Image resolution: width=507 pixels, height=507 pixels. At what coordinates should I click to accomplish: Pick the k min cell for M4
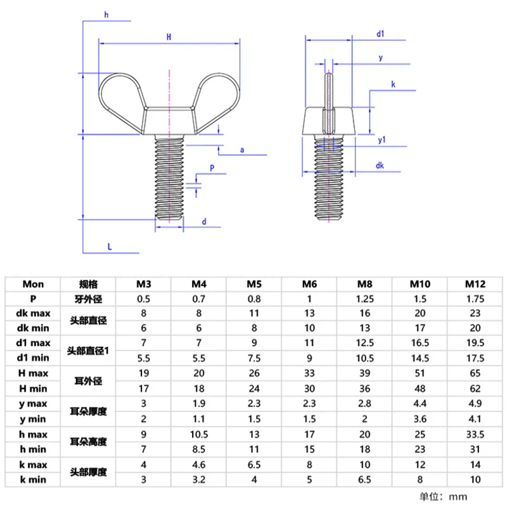coord(200,480)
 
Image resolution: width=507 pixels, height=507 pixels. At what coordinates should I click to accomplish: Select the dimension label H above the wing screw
coord(169,37)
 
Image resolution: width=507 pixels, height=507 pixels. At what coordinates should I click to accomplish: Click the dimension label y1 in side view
coord(382,140)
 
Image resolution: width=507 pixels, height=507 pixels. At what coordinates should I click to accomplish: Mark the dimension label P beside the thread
coord(212,169)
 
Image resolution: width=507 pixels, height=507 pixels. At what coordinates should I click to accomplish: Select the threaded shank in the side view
coord(330,184)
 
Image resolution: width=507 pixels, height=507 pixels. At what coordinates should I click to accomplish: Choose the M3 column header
coord(144,284)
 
